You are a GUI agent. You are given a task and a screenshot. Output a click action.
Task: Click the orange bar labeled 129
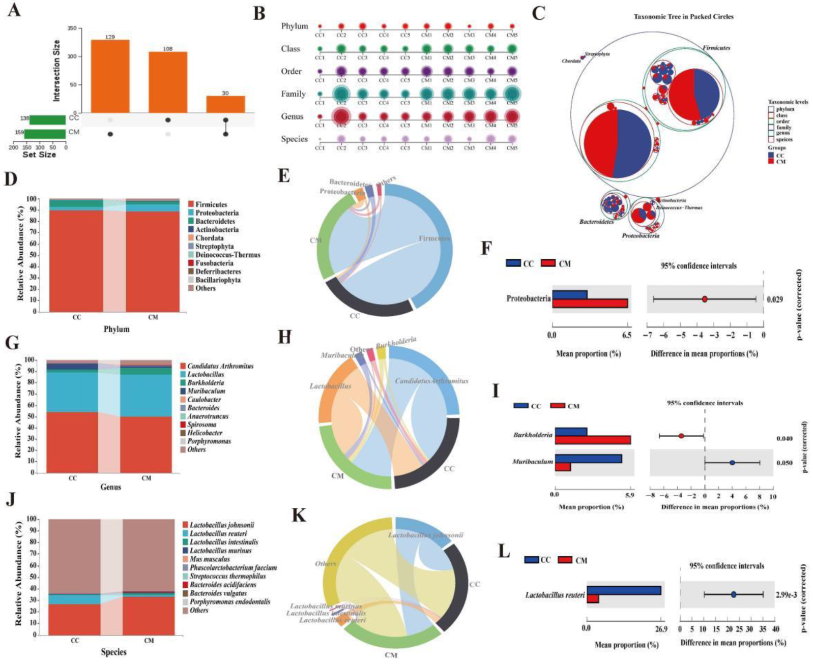tap(110, 76)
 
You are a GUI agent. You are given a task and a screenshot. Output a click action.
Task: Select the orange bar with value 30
tap(225, 104)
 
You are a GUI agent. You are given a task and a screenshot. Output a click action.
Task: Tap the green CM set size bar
tap(45, 134)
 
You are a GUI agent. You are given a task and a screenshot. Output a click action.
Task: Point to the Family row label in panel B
tap(293, 94)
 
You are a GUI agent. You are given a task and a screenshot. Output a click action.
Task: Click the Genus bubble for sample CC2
tap(341, 117)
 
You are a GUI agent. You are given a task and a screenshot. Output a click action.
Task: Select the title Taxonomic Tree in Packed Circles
tap(683, 17)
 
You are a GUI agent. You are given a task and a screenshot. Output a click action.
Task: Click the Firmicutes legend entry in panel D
tap(211, 204)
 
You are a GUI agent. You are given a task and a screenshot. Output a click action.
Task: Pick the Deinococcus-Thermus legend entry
tap(227, 255)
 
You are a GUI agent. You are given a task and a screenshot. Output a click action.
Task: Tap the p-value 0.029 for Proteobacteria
tap(774, 299)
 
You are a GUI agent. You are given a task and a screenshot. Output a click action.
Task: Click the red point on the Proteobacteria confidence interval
tap(705, 299)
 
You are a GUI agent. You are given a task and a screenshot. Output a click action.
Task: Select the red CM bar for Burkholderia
tap(592, 440)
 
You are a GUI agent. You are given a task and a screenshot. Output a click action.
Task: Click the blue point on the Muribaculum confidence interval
tap(732, 463)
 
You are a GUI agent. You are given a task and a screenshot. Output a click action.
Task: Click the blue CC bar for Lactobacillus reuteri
tap(623, 590)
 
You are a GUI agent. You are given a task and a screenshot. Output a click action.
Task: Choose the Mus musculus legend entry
tap(210, 559)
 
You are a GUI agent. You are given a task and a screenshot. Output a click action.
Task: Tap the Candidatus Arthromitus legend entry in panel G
tap(220, 366)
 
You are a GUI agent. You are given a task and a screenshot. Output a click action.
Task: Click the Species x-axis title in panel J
tap(113, 652)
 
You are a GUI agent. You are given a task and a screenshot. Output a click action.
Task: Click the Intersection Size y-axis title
tap(56, 70)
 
